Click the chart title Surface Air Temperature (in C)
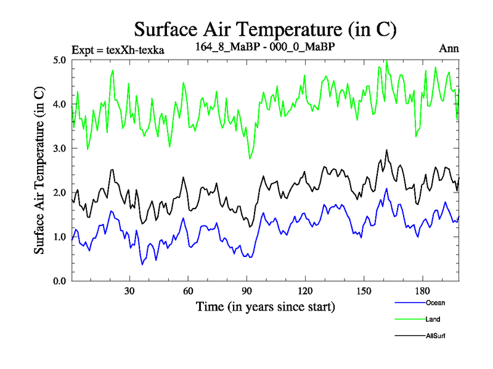click(x=265, y=29)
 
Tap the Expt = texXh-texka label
click(x=118, y=50)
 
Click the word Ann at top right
click(x=449, y=49)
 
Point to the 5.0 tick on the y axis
click(x=59, y=60)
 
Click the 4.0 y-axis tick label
click(x=59, y=105)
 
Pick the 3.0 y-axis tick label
click(x=59, y=149)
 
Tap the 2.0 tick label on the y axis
click(x=59, y=193)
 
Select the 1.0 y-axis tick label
click(x=59, y=237)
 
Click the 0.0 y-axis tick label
click(x=59, y=281)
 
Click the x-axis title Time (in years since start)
click(x=265, y=306)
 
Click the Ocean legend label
click(x=435, y=303)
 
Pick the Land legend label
click(x=433, y=319)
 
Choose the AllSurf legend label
click(x=436, y=336)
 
